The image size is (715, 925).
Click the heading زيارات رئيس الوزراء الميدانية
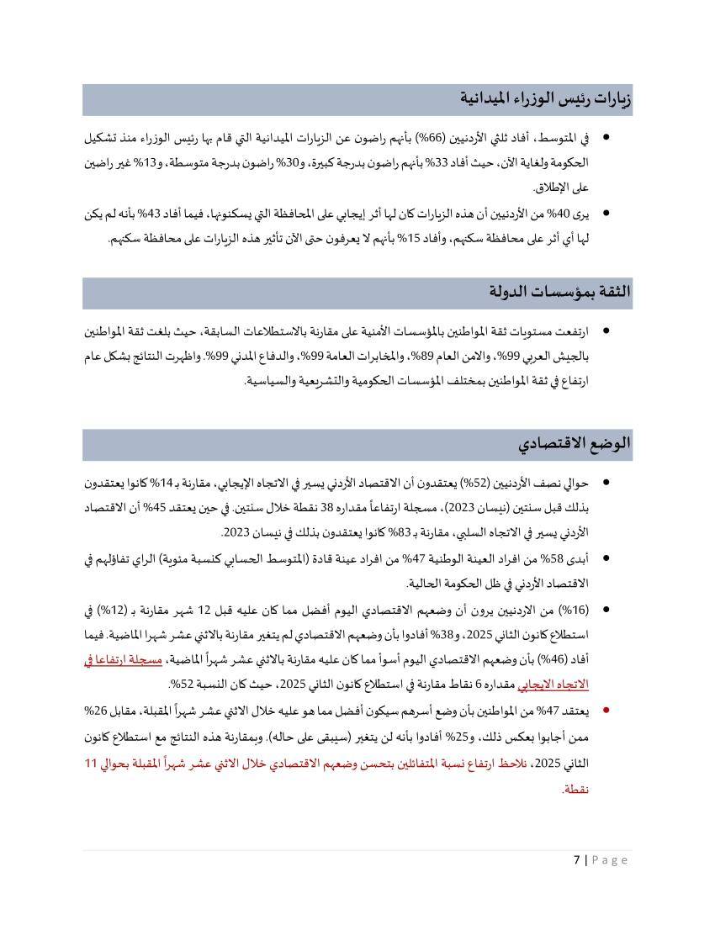(x=546, y=99)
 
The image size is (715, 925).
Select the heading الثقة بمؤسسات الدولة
(x=560, y=292)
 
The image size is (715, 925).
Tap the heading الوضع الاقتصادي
(x=575, y=444)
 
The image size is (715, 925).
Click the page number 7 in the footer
(x=577, y=859)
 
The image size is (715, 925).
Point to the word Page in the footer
(x=610, y=859)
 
